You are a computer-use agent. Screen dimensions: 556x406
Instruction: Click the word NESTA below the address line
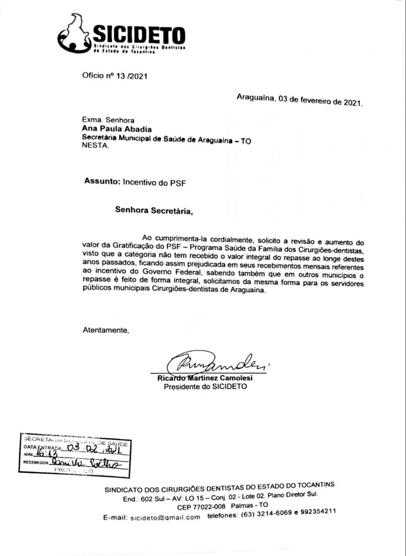tap(96, 146)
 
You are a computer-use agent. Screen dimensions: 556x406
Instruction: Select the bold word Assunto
tap(102, 182)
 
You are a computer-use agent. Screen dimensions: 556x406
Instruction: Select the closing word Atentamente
tap(105, 330)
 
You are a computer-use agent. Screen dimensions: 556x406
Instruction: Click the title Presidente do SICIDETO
tap(206, 386)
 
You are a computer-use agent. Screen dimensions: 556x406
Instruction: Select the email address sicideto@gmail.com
tap(165, 517)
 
